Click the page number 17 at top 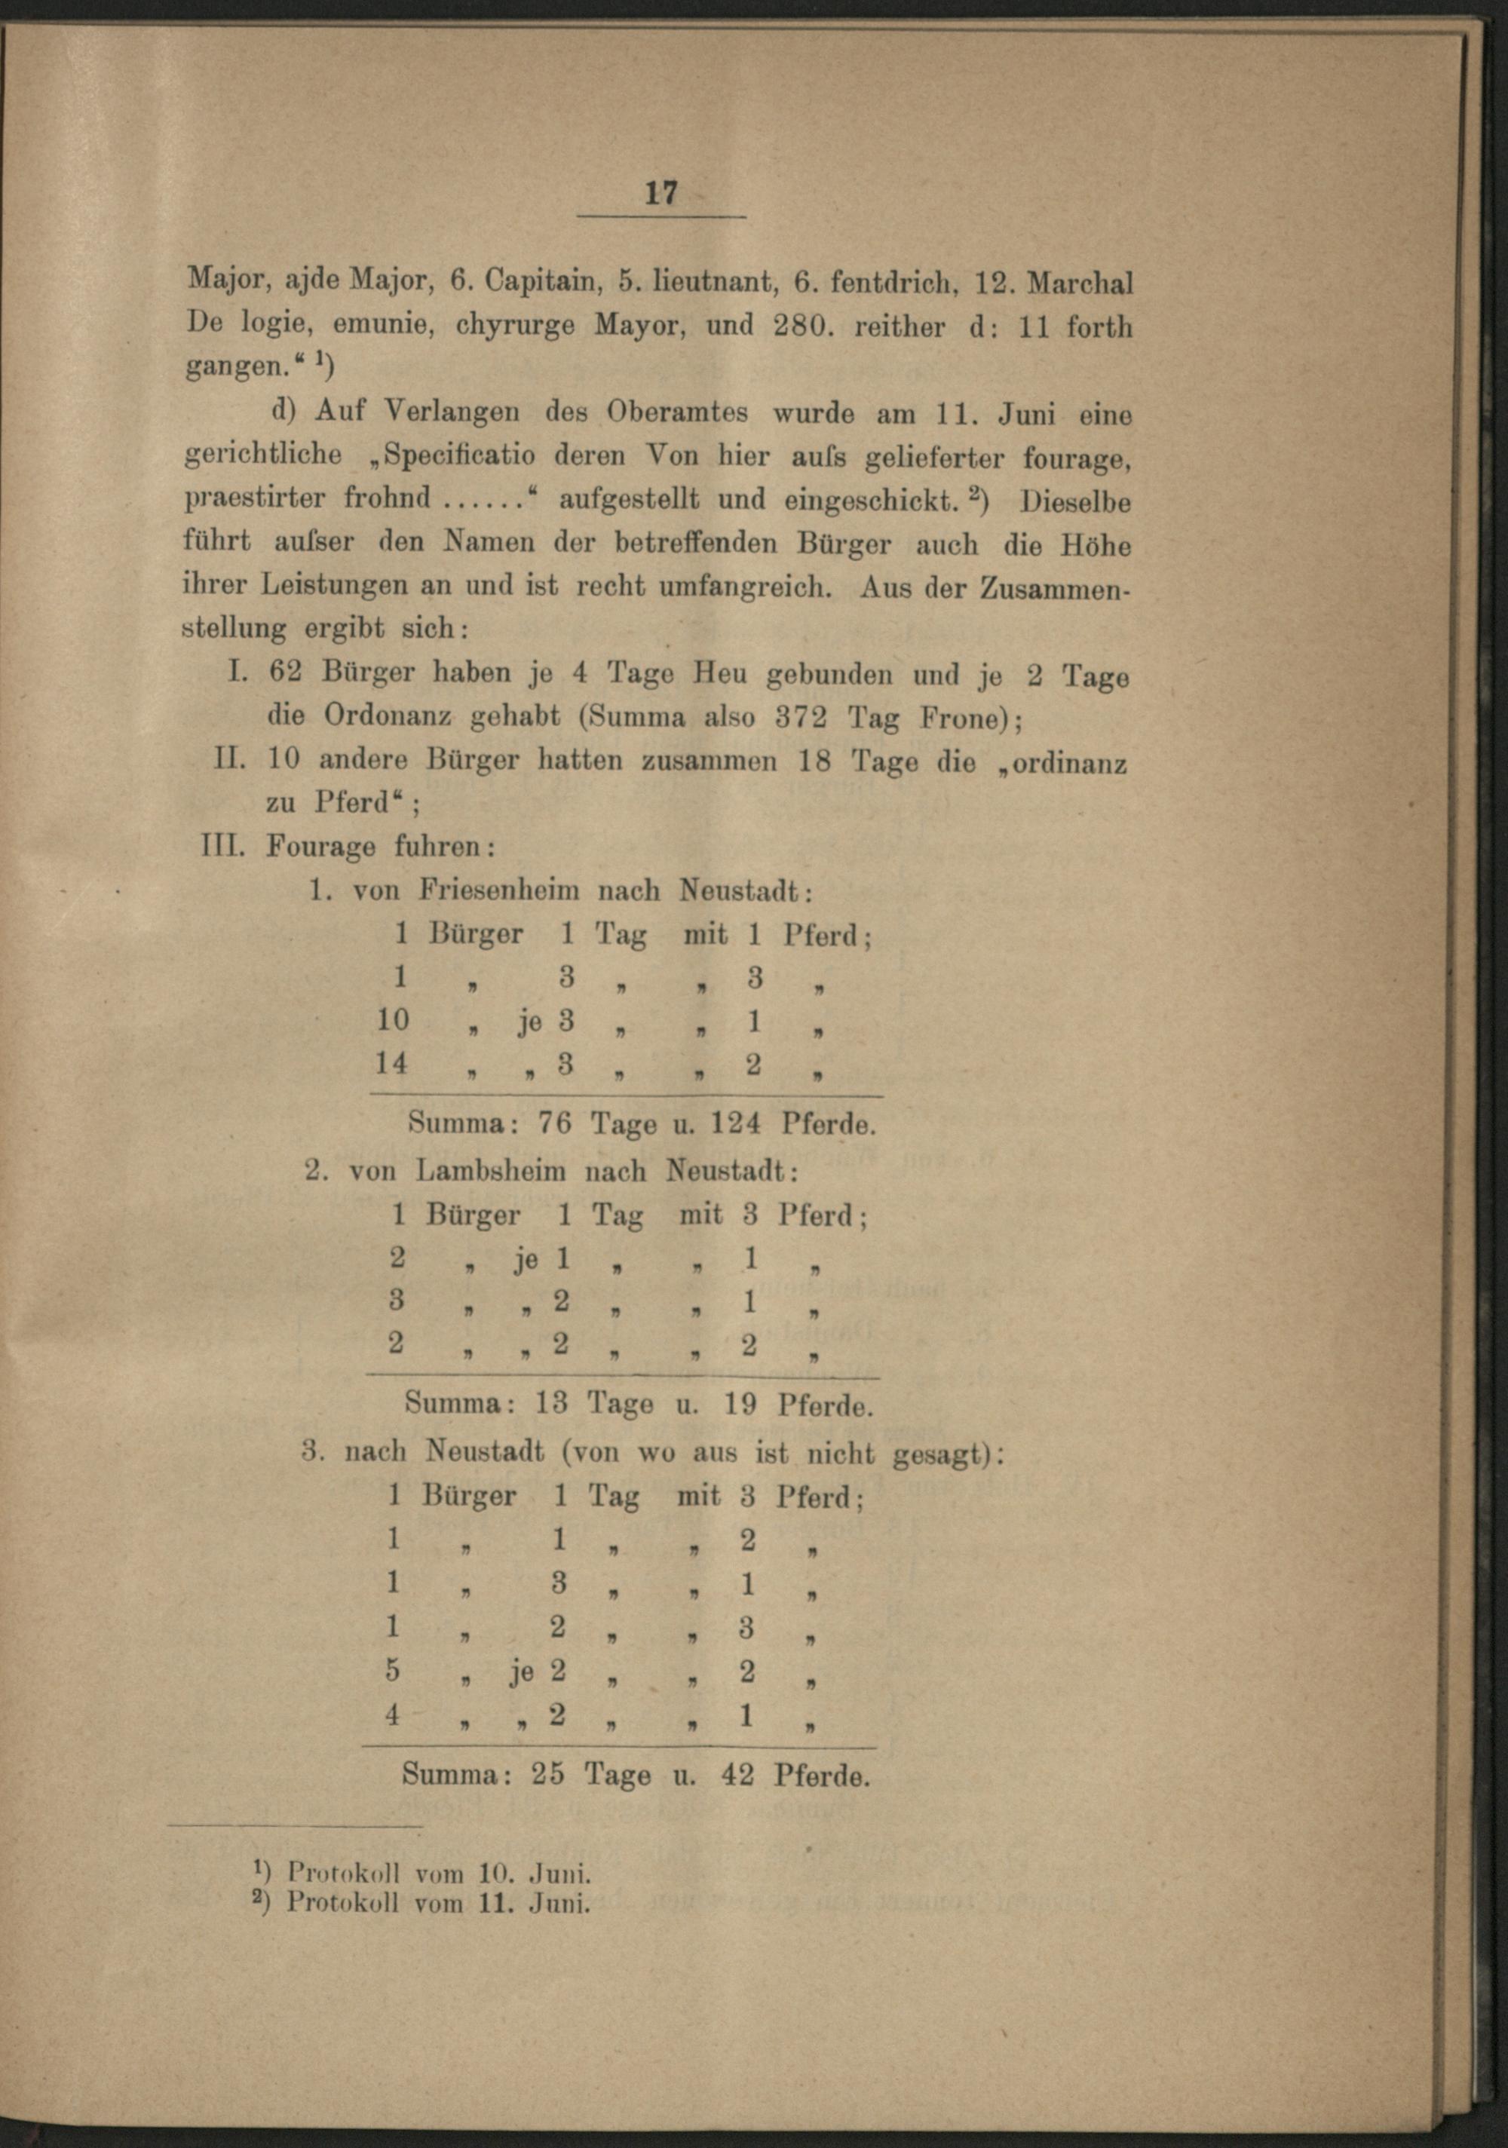(x=661, y=193)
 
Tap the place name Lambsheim (x=490, y=1170)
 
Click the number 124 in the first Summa (x=734, y=1123)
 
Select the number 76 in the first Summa (x=553, y=1123)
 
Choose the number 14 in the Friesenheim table (x=391, y=1063)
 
